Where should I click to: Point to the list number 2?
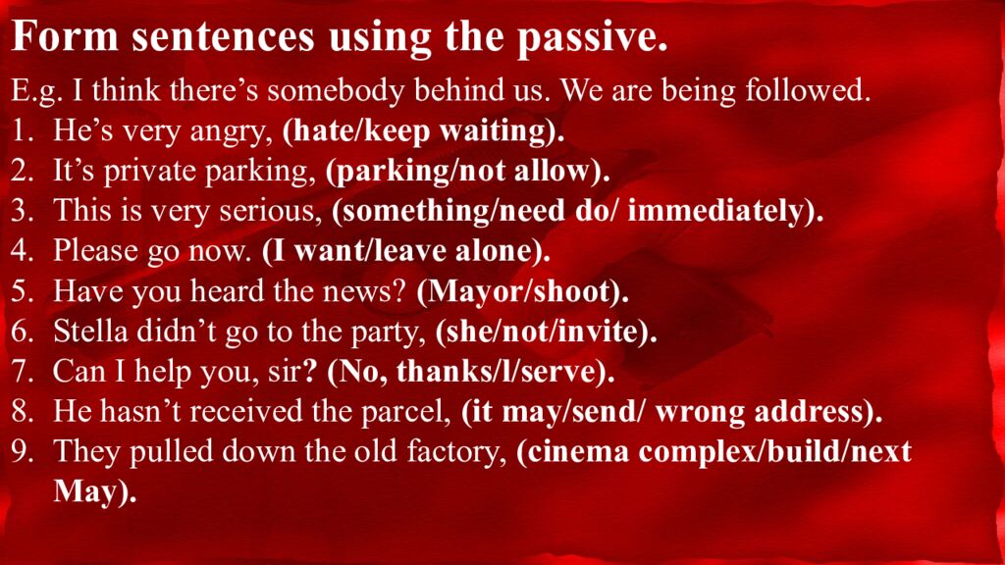coord(22,171)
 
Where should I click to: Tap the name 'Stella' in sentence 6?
coord(90,332)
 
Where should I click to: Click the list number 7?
coord(22,372)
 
